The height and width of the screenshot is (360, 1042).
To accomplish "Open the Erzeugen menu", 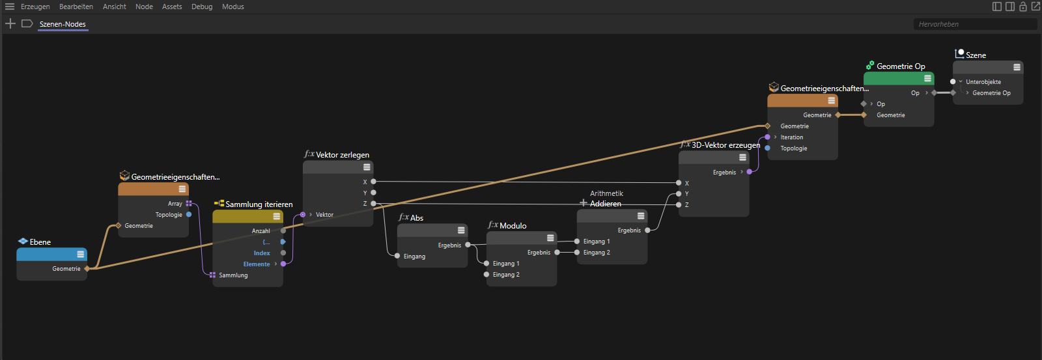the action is click(x=35, y=7).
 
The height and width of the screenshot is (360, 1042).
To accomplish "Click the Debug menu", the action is click(x=202, y=7).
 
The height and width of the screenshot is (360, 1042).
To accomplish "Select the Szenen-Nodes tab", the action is click(x=63, y=24).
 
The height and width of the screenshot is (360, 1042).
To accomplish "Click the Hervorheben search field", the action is click(x=974, y=24).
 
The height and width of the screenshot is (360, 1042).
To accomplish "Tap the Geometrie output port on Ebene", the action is click(x=87, y=269).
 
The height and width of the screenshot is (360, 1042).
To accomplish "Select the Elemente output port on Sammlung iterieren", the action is click(x=283, y=264).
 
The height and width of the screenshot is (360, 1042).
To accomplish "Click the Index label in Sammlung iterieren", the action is click(x=262, y=253).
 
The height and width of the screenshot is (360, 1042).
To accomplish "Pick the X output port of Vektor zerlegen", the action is click(x=374, y=182).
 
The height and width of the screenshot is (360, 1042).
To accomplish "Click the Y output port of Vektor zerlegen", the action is click(x=374, y=193).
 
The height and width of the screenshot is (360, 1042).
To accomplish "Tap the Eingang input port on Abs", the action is click(x=397, y=256).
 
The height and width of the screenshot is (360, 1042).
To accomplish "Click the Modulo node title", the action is click(x=513, y=226).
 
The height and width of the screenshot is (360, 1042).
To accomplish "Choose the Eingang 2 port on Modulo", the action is click(x=486, y=275).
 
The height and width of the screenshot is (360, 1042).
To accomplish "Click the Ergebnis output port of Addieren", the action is click(x=647, y=230).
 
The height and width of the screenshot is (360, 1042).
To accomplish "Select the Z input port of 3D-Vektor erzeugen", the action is click(x=679, y=204).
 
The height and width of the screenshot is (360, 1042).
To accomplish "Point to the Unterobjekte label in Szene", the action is click(x=983, y=82).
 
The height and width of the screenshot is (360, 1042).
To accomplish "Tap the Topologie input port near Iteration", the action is click(x=768, y=148).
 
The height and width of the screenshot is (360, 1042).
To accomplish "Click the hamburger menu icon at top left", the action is click(x=10, y=7).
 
